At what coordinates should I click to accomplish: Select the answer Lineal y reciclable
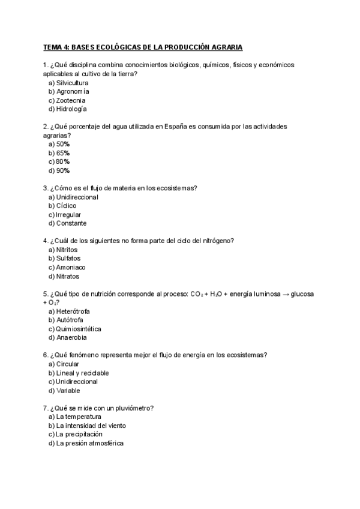pyautogui.click(x=82, y=373)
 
